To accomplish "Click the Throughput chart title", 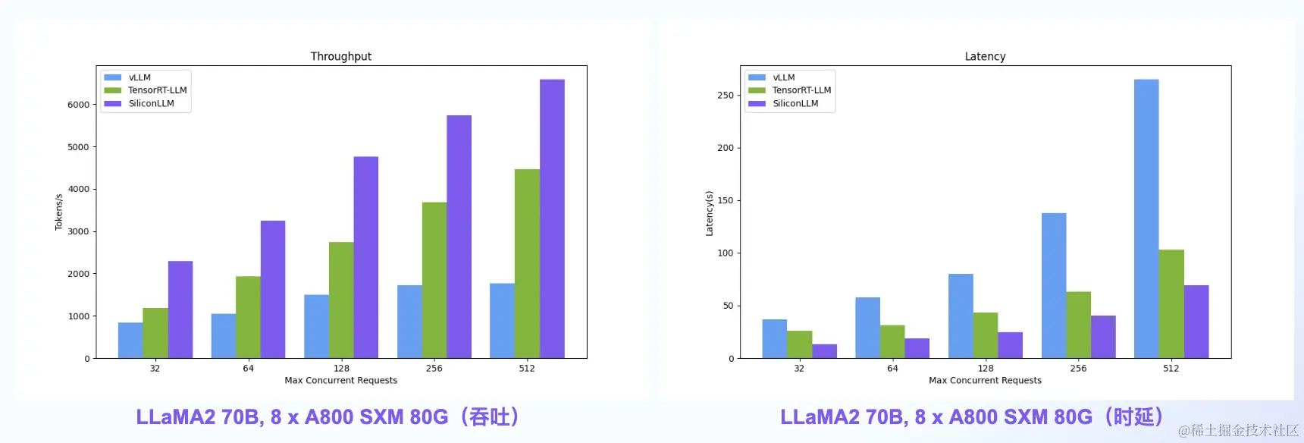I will pyautogui.click(x=340, y=56).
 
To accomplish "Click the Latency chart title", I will pyautogui.click(x=985, y=56).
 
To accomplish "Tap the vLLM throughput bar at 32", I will pyautogui.click(x=130, y=341).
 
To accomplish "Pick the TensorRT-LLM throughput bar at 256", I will pyautogui.click(x=434, y=280).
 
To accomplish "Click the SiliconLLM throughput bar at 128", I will pyautogui.click(x=365, y=257).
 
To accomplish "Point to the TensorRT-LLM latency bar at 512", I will pyautogui.click(x=1171, y=303).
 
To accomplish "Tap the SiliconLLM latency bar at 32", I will pyautogui.click(x=824, y=351).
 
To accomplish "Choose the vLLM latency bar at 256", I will pyautogui.click(x=1054, y=285).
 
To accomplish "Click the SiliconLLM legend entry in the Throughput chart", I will pyautogui.click(x=151, y=103).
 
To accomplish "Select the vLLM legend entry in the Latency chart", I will pyautogui.click(x=783, y=77).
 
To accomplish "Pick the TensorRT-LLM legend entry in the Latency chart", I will pyautogui.click(x=801, y=90).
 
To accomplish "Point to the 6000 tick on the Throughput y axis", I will pyautogui.click(x=78, y=105).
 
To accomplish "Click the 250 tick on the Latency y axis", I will pyautogui.click(x=726, y=96).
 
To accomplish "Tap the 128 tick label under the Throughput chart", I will pyautogui.click(x=341, y=369).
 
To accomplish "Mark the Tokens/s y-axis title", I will pyautogui.click(x=58, y=212).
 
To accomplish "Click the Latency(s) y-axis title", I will pyautogui.click(x=709, y=213).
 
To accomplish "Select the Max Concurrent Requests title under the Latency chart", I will pyautogui.click(x=985, y=381).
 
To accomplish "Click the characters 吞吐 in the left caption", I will pyautogui.click(x=489, y=417).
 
